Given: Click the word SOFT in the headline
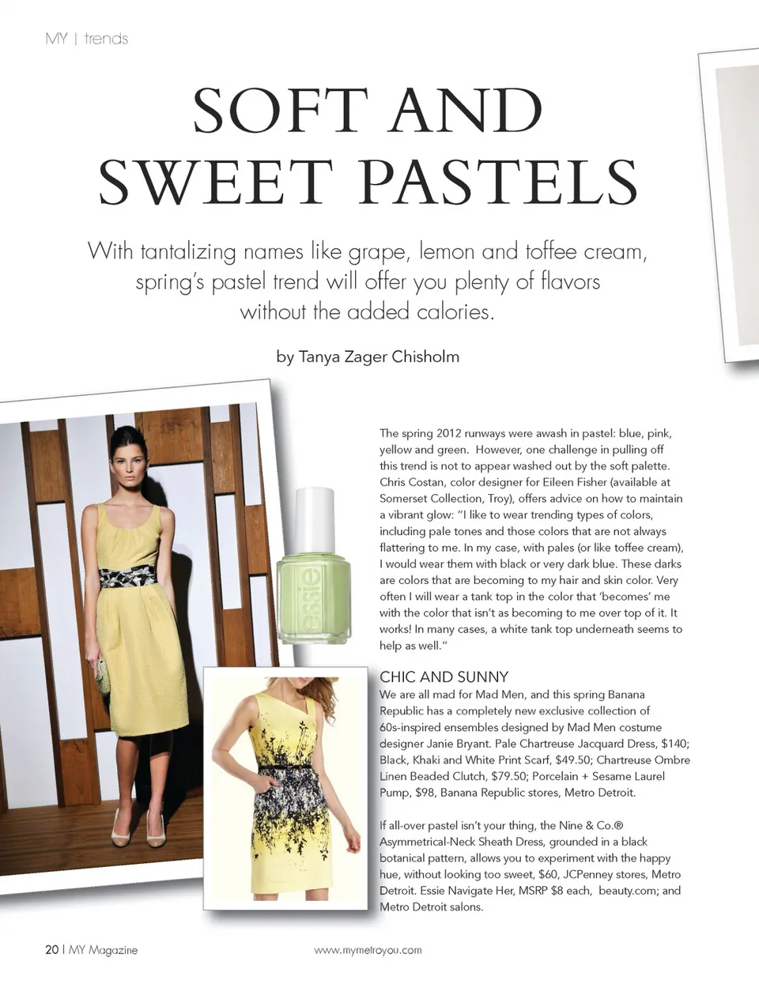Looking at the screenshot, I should pyautogui.click(x=281, y=111).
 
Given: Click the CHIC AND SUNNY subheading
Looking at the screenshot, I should pyautogui.click(x=444, y=677).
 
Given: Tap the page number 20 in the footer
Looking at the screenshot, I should pyautogui.click(x=51, y=950).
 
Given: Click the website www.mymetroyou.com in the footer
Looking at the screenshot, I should pyautogui.click(x=368, y=950).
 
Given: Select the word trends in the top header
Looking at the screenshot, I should pyautogui.click(x=106, y=39).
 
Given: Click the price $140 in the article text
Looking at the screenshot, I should pyautogui.click(x=674, y=744).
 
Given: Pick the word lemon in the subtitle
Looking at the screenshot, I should pyautogui.click(x=447, y=253).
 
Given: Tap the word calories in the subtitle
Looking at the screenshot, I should pyautogui.click(x=455, y=312).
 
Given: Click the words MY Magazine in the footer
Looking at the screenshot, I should pyautogui.click(x=103, y=950).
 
